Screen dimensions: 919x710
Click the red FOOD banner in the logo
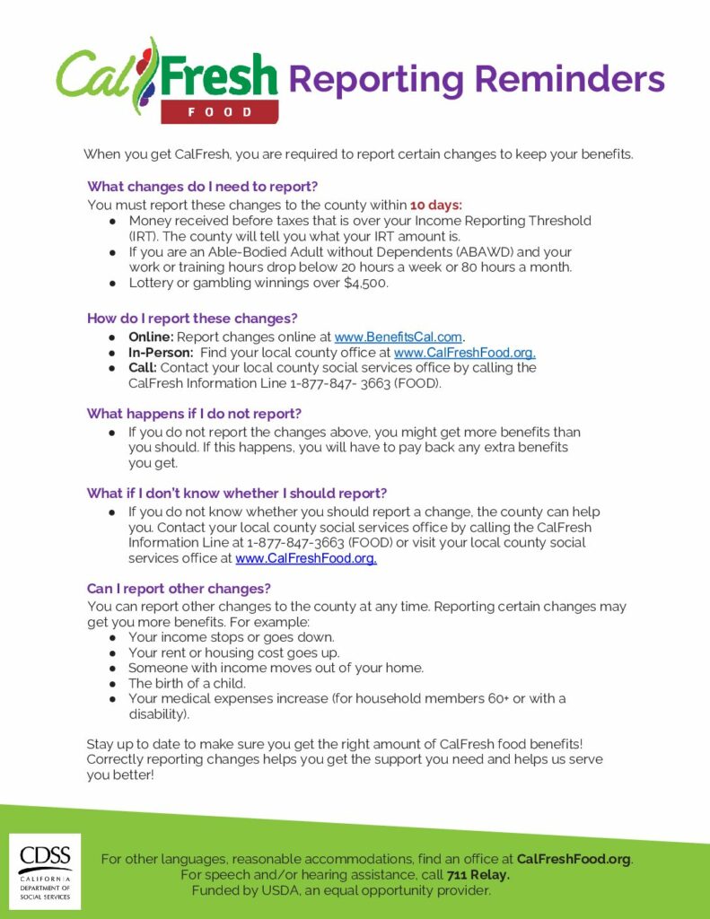pos(220,112)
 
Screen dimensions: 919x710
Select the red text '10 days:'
pos(436,205)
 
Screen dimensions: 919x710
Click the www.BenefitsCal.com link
pos(399,337)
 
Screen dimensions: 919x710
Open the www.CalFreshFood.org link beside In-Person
pos(464,353)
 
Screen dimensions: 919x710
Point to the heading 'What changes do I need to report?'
pos(202,187)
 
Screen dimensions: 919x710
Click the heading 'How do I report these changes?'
pos(192,319)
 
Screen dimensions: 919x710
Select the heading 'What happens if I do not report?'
pos(194,414)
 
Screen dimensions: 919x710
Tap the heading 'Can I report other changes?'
pos(179,589)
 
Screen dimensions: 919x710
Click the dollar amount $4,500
pos(367,283)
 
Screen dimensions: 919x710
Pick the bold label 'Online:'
pos(151,337)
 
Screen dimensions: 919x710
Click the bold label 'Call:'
pos(143,368)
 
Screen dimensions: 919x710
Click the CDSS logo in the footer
pos(45,871)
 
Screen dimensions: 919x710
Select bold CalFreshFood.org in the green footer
pos(574,859)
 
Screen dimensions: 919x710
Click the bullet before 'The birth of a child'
pos(112,683)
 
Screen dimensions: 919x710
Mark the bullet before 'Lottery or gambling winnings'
pos(112,284)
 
